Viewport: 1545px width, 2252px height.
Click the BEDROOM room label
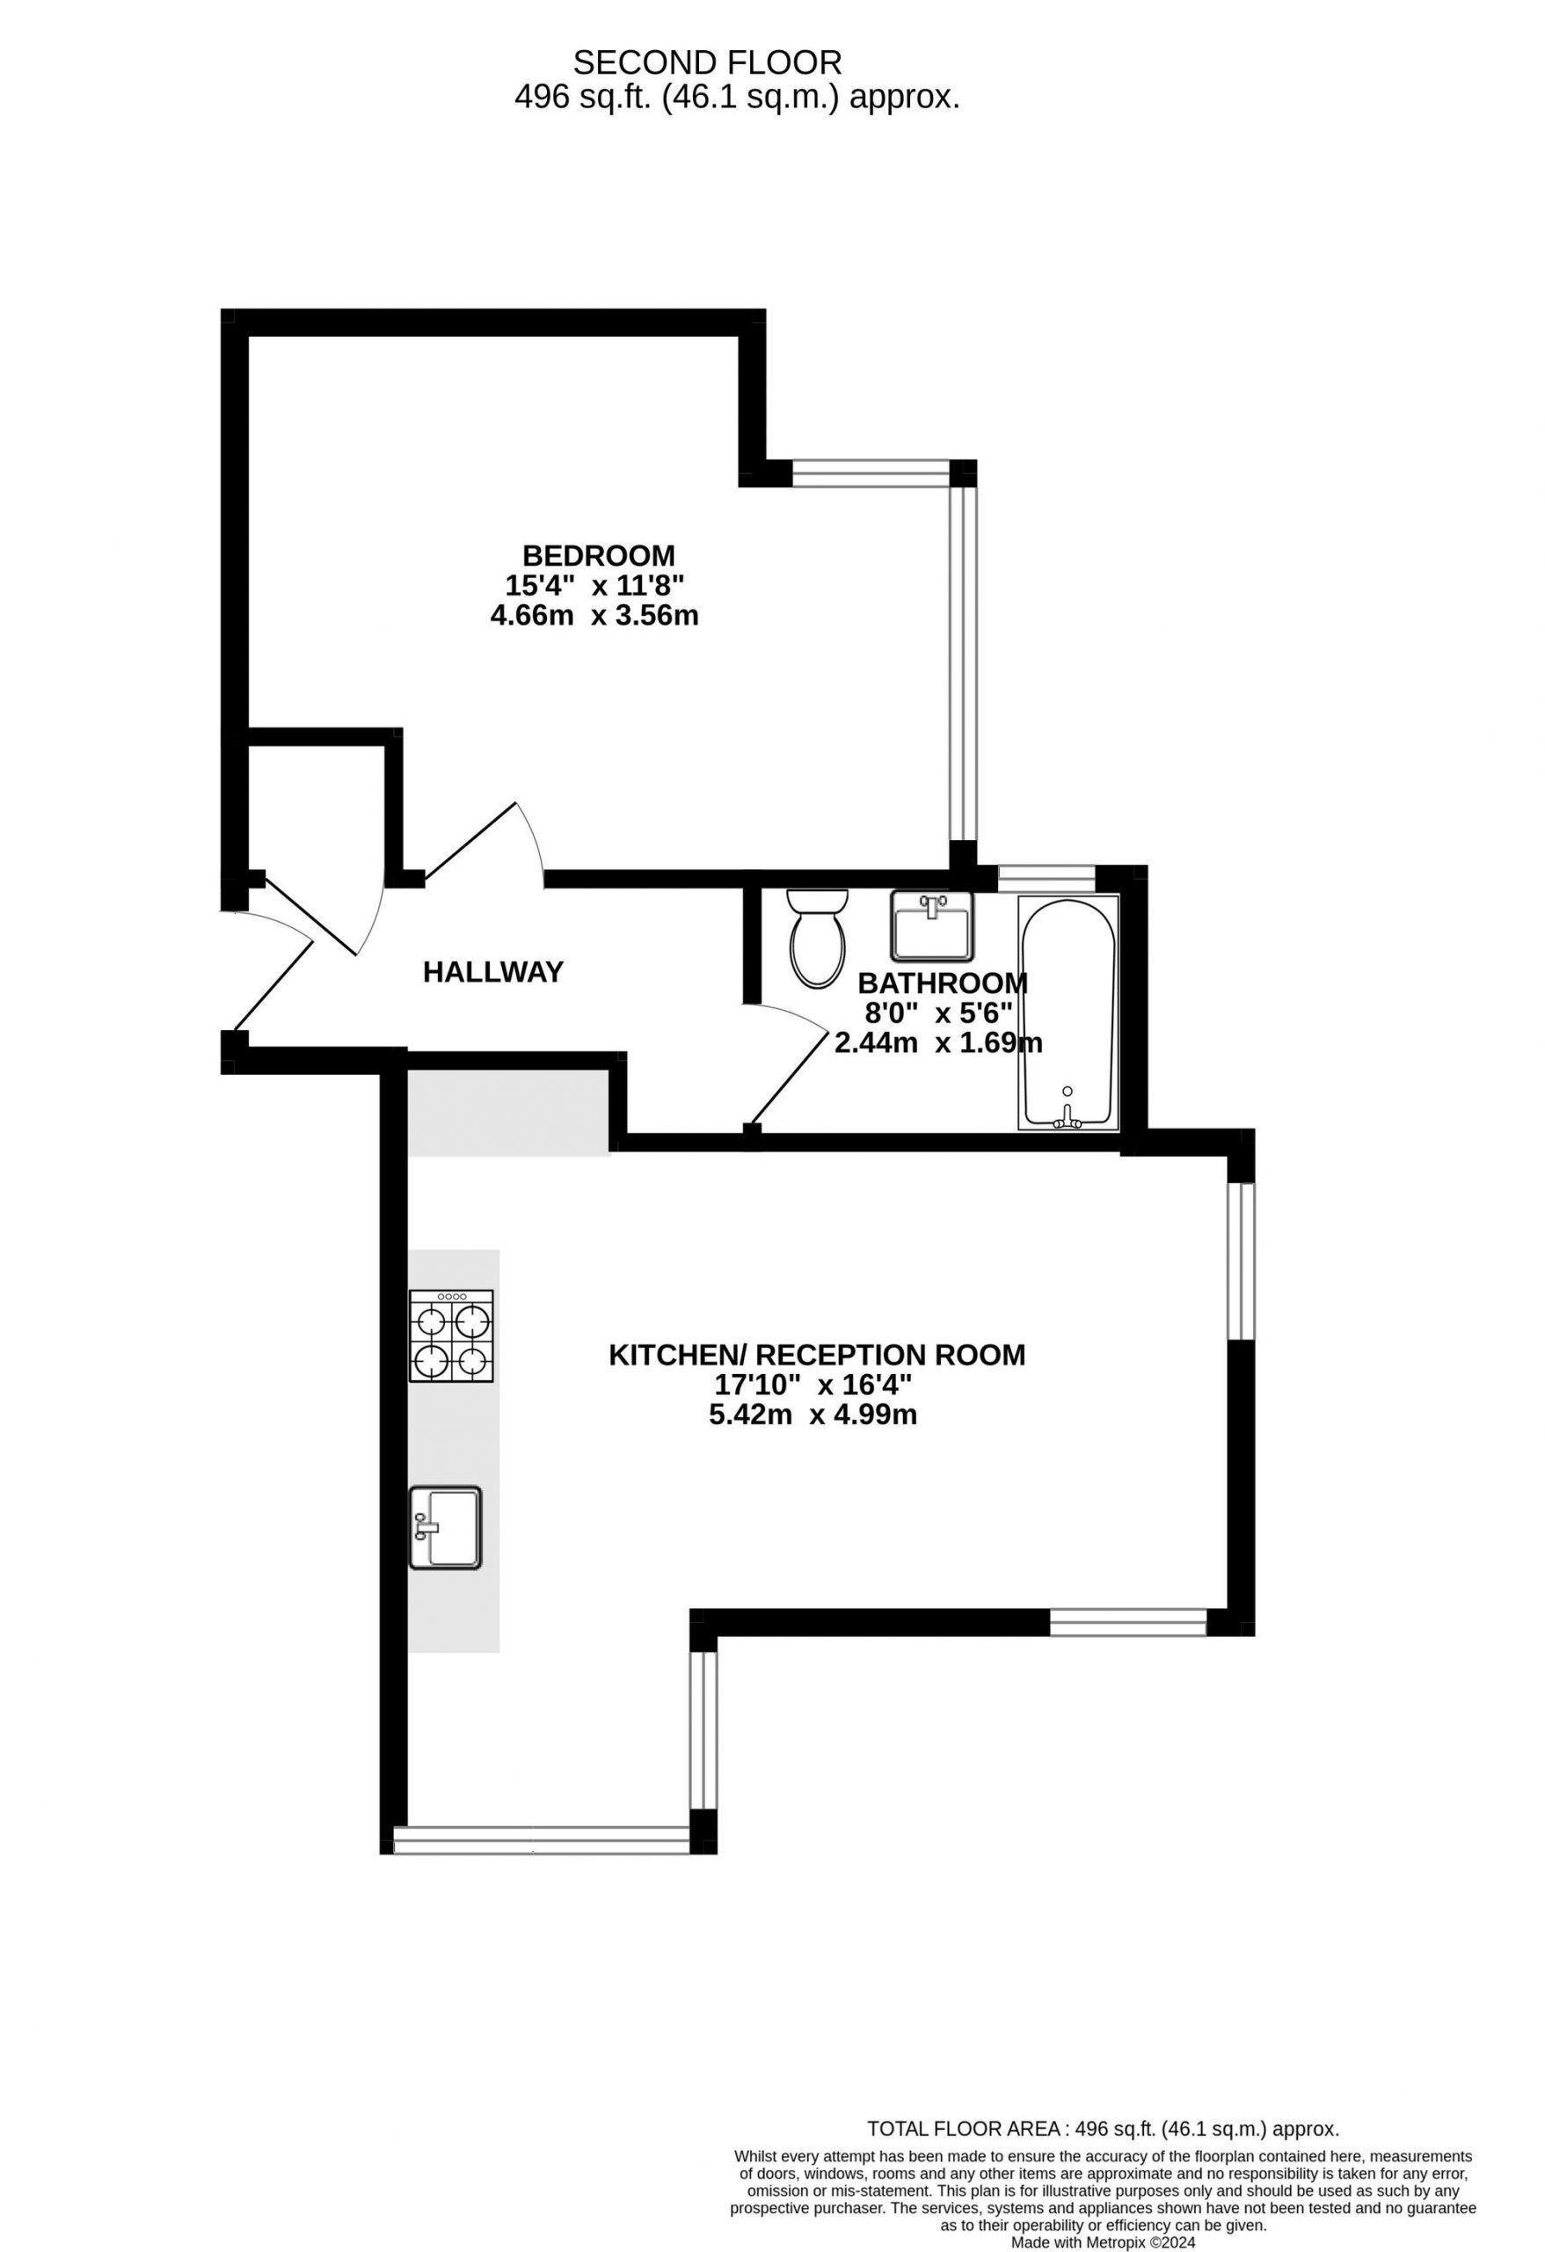(598, 555)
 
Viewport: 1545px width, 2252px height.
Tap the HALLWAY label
(493, 972)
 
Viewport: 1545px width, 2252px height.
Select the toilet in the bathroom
(818, 938)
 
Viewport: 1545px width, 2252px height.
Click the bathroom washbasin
(930, 925)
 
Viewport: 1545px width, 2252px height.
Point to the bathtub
(1068, 1013)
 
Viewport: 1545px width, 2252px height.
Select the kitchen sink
(445, 1527)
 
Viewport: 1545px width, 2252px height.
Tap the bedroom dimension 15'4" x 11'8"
(594, 585)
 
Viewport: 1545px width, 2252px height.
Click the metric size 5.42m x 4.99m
(813, 1415)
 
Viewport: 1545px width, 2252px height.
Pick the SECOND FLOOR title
(707, 63)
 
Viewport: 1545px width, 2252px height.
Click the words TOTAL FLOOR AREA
(964, 2129)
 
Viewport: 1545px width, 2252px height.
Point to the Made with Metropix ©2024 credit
(1104, 2242)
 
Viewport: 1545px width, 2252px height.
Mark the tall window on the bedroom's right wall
(963, 662)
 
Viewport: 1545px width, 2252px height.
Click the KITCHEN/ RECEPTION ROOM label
(817, 1355)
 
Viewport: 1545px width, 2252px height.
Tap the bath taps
(1068, 1116)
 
